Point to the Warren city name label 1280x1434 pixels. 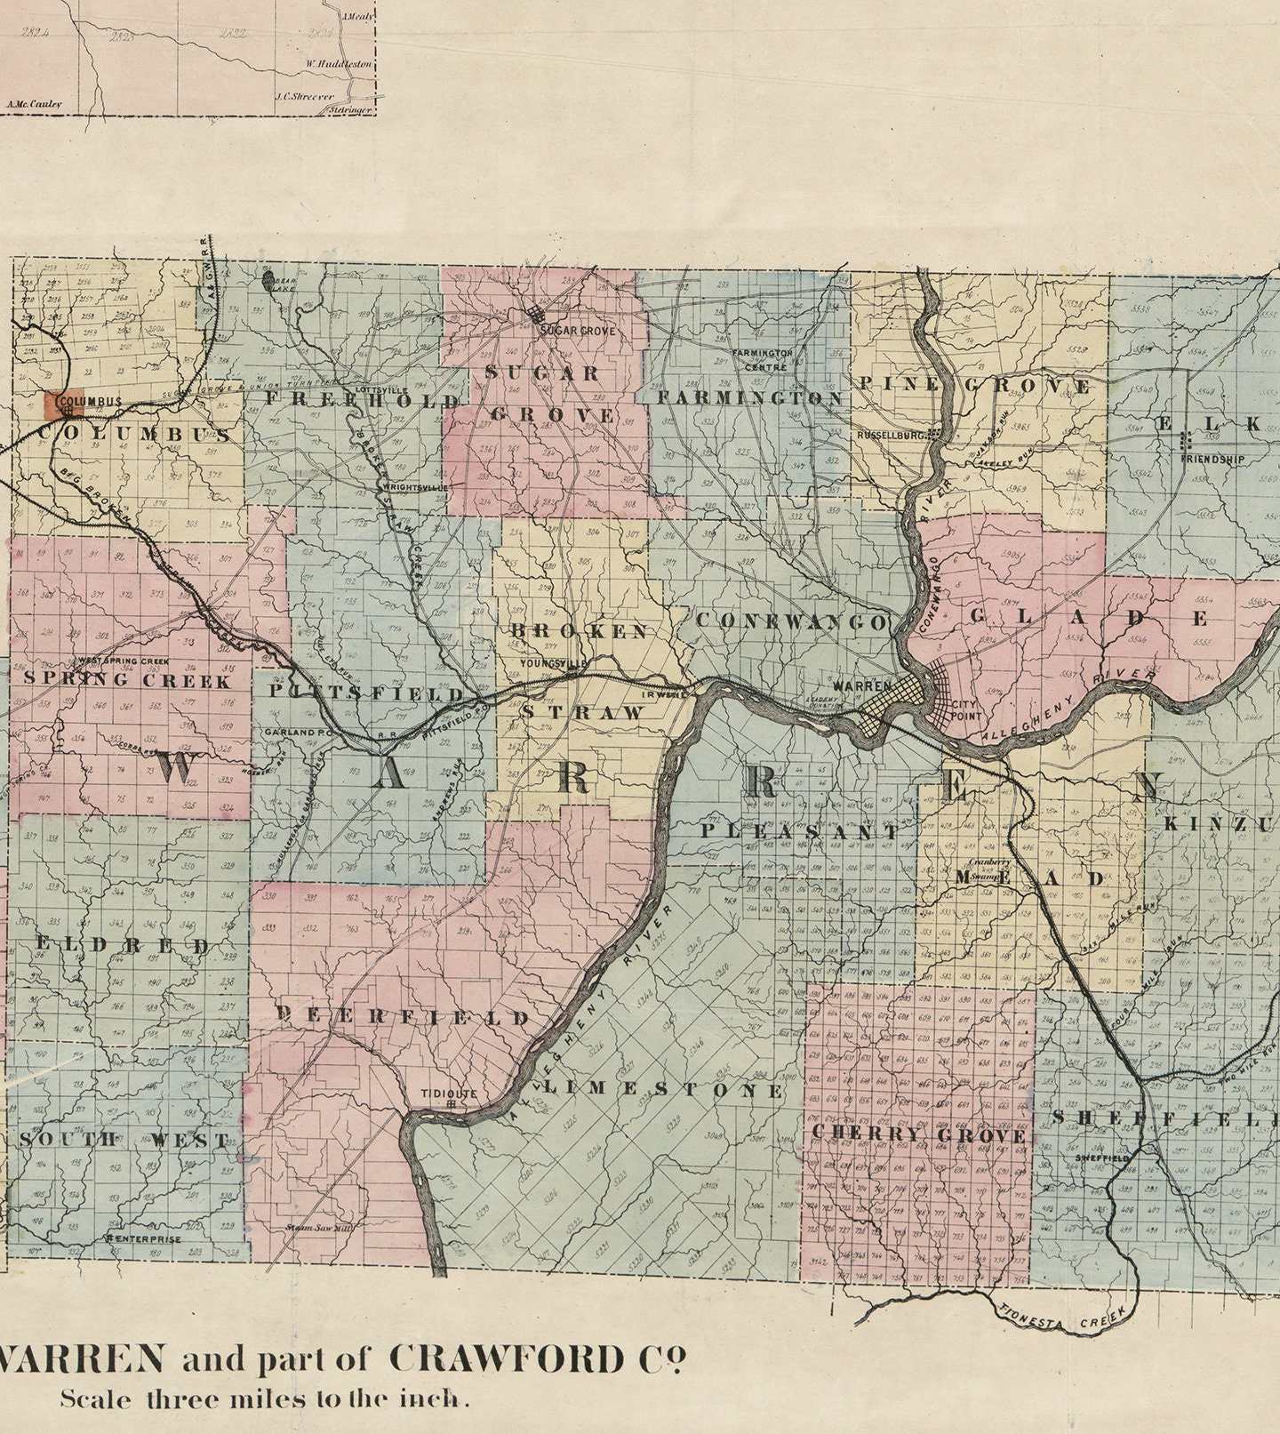pyautogui.click(x=861, y=686)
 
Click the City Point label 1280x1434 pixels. pyautogui.click(x=965, y=709)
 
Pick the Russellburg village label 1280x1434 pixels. pyautogui.click(x=892, y=436)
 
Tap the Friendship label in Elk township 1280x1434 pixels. pyautogui.click(x=1212, y=460)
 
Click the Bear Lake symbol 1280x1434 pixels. pyautogui.click(x=269, y=280)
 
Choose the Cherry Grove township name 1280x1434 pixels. pyautogui.click(x=919, y=1136)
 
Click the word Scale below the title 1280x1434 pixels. pyautogui.click(x=95, y=1398)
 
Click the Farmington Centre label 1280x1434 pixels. pyautogui.click(x=762, y=359)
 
